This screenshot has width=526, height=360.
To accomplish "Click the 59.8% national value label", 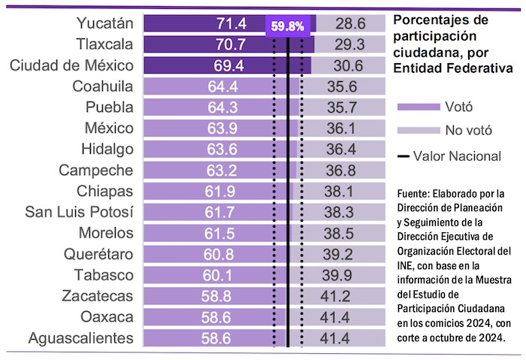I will (x=288, y=26).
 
